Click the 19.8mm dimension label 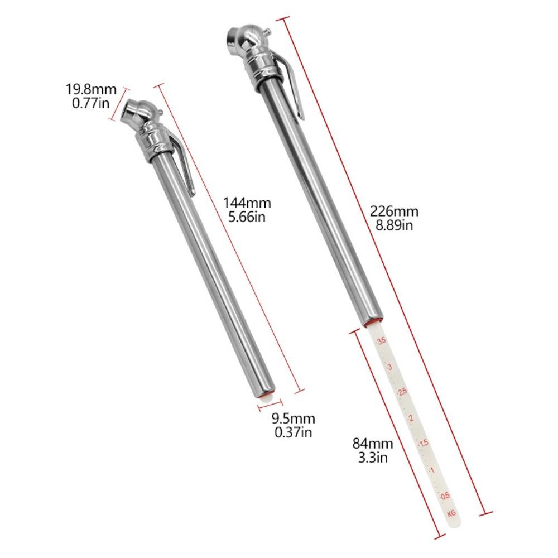tap(92, 89)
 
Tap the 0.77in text tap(91, 103)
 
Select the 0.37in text tap(293, 432)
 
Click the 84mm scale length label tap(373, 444)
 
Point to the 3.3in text tap(373, 458)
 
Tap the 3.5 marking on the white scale tap(382, 341)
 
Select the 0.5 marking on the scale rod tap(445, 496)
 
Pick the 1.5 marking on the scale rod tap(424, 442)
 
